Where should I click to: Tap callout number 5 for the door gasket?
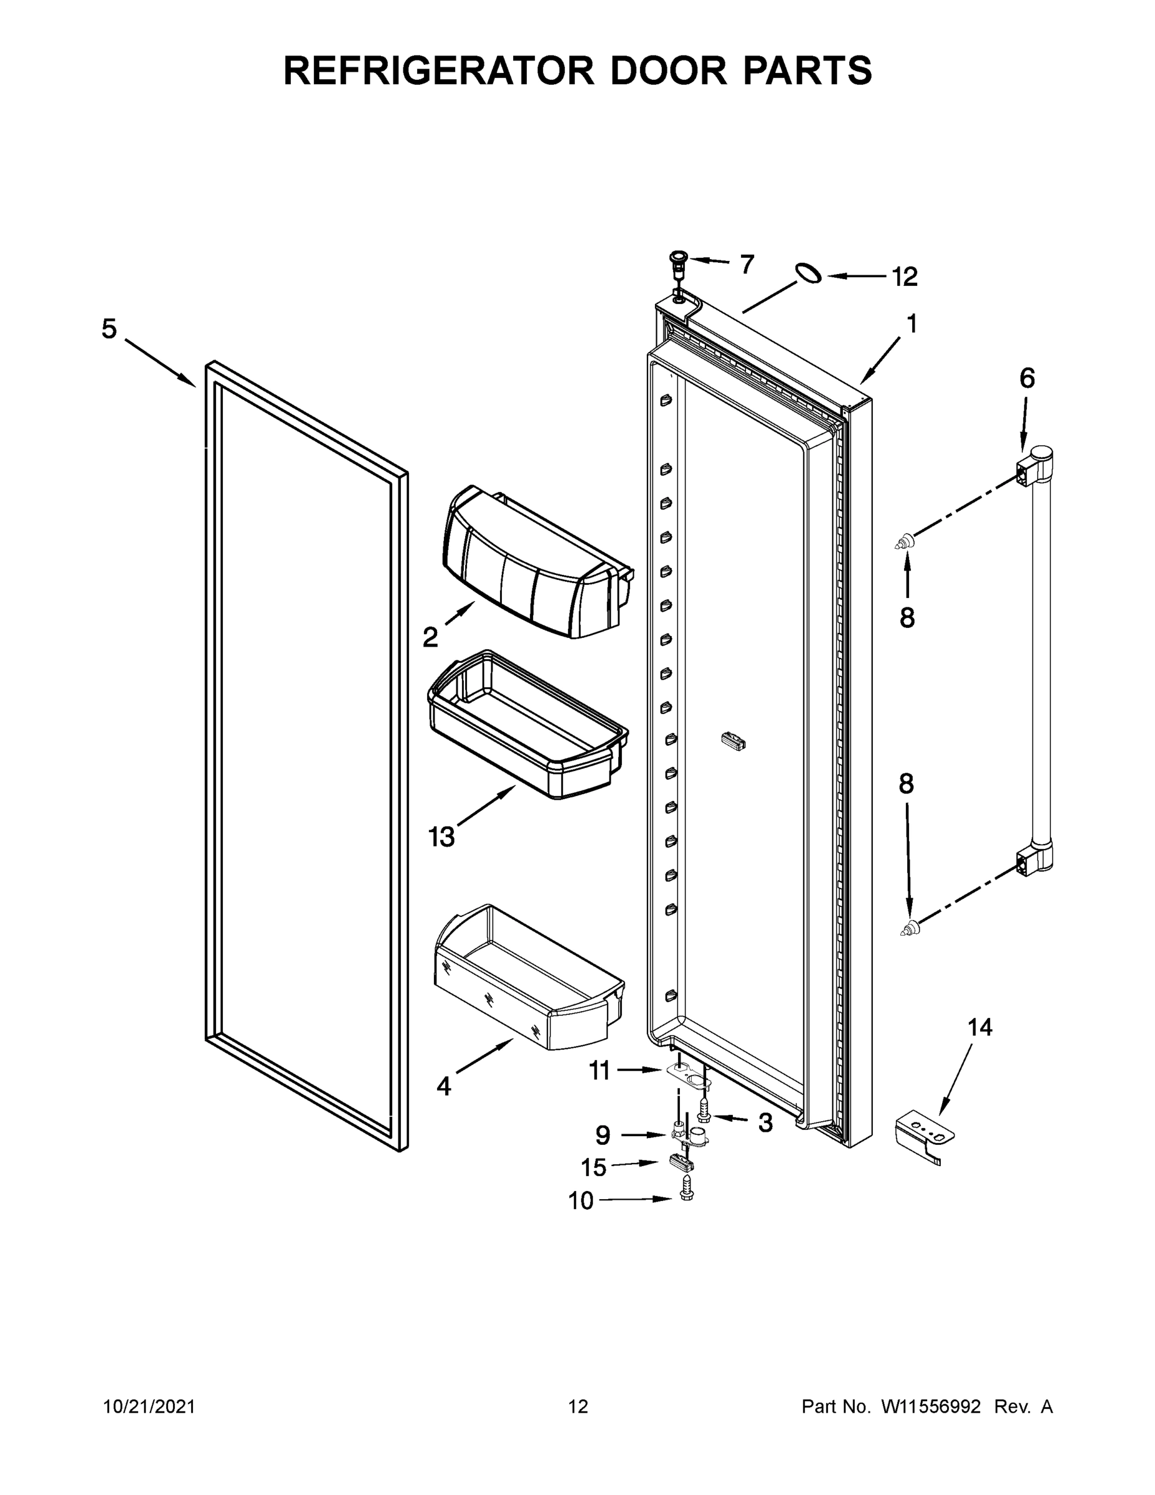pyautogui.click(x=110, y=330)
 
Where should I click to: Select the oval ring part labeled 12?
pyautogui.click(x=809, y=272)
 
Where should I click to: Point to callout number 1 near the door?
pyautogui.click(x=912, y=324)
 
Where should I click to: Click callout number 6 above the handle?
pyautogui.click(x=1027, y=379)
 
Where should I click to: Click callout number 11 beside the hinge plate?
pyautogui.click(x=600, y=1071)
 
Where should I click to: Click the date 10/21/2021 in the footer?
pyautogui.click(x=149, y=1407)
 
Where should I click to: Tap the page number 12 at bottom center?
pyautogui.click(x=578, y=1407)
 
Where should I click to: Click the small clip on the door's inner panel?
pyautogui.click(x=733, y=741)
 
